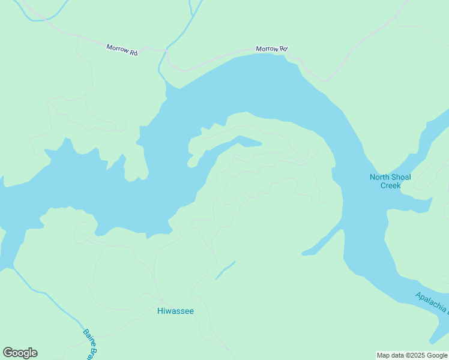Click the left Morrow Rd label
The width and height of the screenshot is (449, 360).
tap(122, 50)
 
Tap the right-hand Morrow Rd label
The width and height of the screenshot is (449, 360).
tap(271, 49)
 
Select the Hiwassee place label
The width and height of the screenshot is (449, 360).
tap(175, 311)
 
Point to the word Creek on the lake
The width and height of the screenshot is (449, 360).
tap(390, 185)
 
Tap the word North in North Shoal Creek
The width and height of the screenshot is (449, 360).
tap(378, 177)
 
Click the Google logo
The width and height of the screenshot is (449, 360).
tap(20, 353)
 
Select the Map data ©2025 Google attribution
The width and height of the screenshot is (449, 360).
tap(412, 355)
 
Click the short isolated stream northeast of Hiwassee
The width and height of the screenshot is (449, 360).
tap(225, 270)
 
